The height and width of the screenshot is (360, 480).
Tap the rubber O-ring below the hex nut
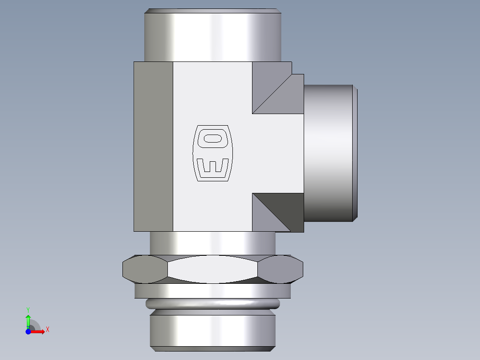click(212, 304)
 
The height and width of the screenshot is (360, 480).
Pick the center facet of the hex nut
click(212, 269)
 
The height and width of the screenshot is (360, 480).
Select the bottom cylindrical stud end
click(212, 330)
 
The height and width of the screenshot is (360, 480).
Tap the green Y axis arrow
click(28, 320)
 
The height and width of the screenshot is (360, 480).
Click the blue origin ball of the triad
click(28, 332)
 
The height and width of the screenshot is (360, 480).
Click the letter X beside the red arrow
click(47, 330)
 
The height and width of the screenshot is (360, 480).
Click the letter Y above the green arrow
click(28, 309)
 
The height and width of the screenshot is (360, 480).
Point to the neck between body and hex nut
click(212, 243)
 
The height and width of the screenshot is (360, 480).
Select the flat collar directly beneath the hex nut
click(212, 291)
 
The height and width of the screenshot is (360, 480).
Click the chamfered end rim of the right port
click(355, 152)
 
